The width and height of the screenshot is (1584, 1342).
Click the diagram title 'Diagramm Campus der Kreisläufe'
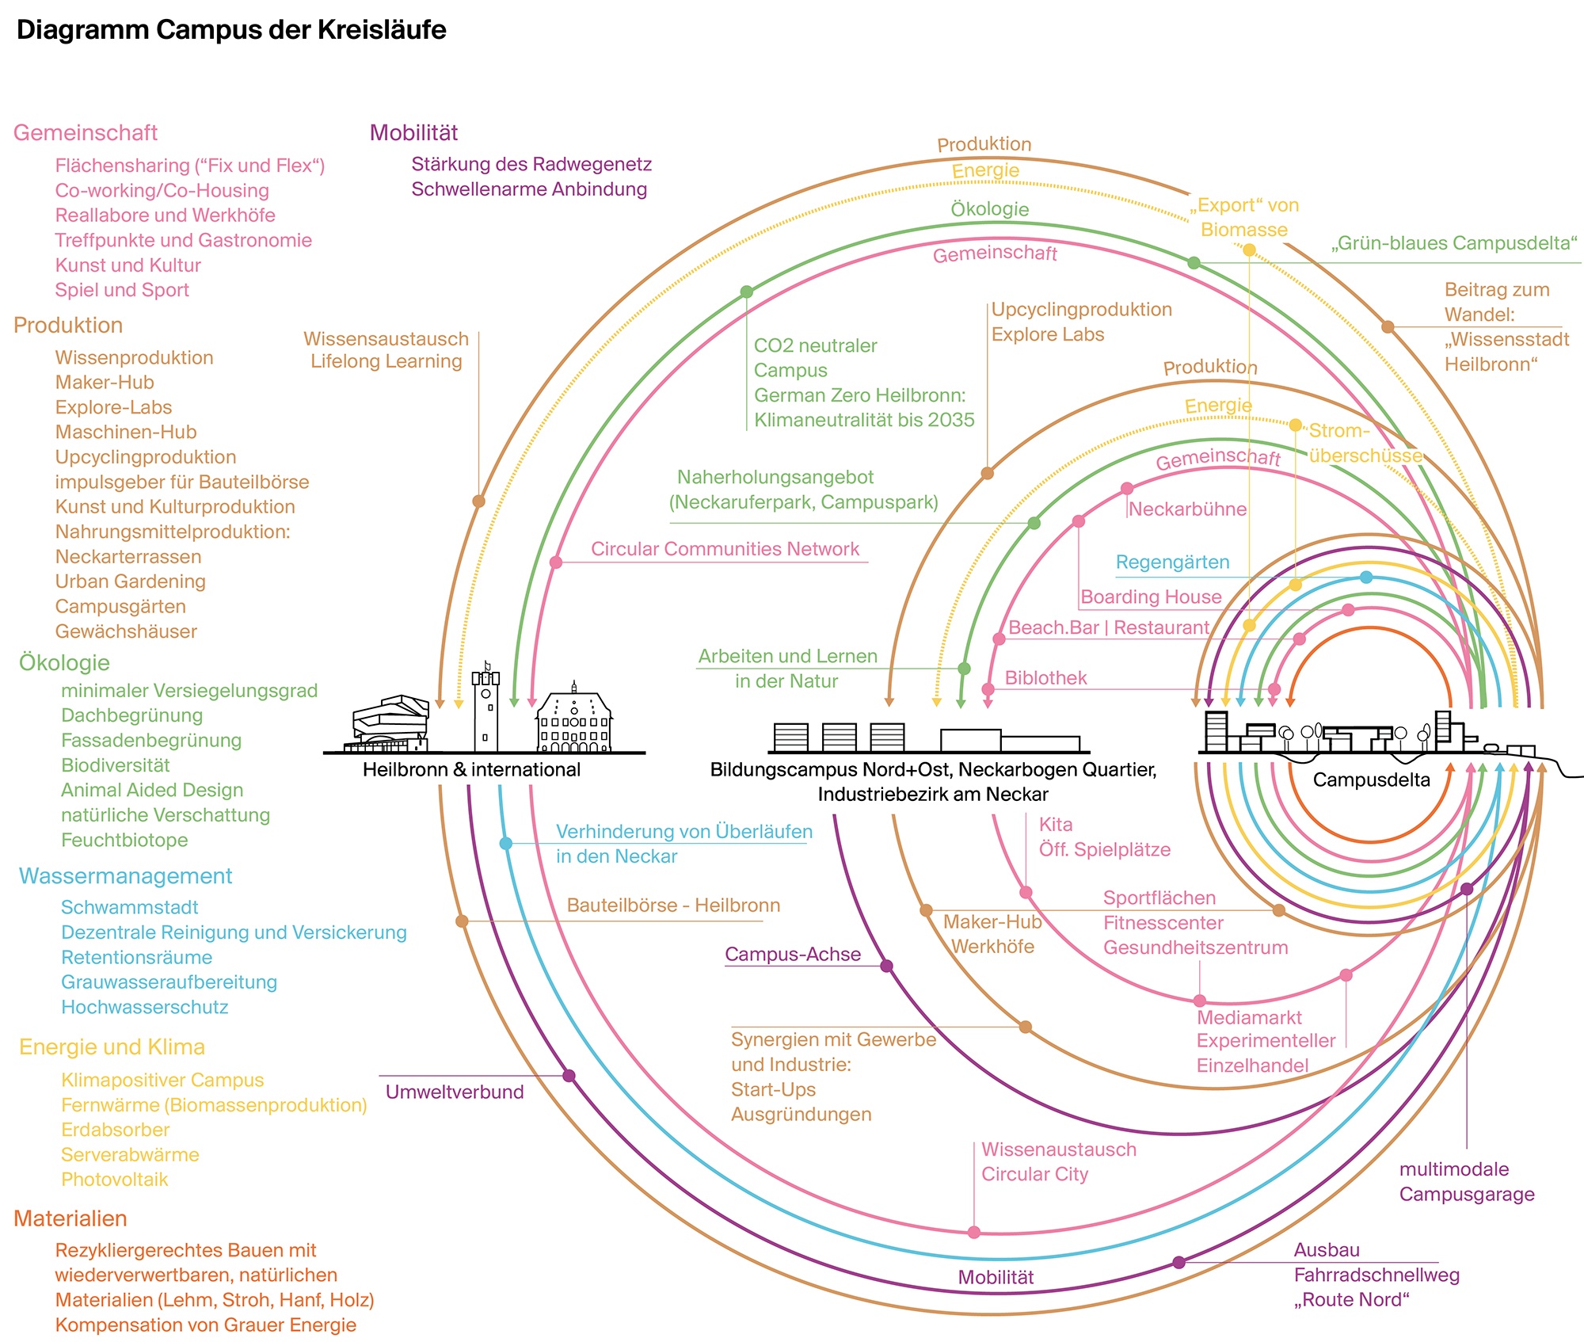coord(231,30)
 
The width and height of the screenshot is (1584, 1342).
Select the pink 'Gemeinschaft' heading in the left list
coord(86,132)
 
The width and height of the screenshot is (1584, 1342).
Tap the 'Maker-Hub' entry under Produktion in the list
coord(105,383)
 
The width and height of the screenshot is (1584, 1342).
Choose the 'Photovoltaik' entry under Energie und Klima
coord(115,1179)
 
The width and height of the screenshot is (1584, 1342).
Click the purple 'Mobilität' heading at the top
coord(413,132)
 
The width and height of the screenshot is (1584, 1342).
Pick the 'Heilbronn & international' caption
coord(471,769)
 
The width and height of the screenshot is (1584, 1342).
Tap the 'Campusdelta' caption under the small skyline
coord(1371,780)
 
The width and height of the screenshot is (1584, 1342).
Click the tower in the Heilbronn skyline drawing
coord(485,709)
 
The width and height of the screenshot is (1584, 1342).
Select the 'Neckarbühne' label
coord(1187,509)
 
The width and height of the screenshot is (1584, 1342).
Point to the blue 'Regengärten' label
coord(1172,562)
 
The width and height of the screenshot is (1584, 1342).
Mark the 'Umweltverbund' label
coord(455,1092)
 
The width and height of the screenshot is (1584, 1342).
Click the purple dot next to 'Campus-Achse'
coord(887,966)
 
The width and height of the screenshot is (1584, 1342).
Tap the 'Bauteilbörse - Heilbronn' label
coord(673,905)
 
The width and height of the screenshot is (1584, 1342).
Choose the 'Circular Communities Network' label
coord(725,549)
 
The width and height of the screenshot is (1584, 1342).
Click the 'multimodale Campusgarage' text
coord(1466,1181)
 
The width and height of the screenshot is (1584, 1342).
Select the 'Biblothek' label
coord(1045,678)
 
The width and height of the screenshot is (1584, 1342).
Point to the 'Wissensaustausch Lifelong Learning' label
coord(386,350)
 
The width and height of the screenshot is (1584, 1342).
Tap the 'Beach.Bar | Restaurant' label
coord(1108,627)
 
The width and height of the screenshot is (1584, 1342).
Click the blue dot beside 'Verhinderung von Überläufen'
coord(506,843)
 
